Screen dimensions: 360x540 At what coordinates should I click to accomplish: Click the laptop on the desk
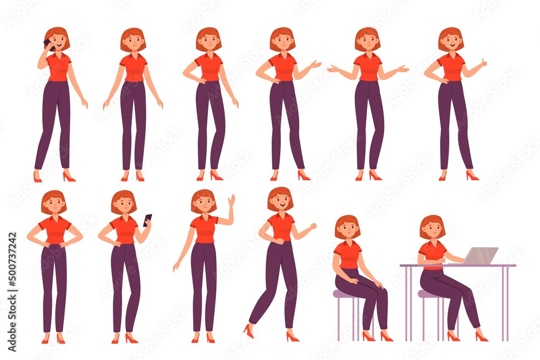(x=480, y=256)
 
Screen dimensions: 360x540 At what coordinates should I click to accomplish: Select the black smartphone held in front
(x=147, y=219)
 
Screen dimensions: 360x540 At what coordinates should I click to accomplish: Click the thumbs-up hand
(x=483, y=64)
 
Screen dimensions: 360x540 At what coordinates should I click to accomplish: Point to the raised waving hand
(x=232, y=201)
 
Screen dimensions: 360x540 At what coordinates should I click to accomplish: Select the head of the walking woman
(x=280, y=199)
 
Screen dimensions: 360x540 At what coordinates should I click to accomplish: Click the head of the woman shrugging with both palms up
(x=367, y=39)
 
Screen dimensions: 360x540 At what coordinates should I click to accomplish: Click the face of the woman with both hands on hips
(x=55, y=204)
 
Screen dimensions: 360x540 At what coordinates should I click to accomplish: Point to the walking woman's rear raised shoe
(x=248, y=329)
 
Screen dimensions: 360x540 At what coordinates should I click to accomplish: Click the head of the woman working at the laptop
(x=432, y=227)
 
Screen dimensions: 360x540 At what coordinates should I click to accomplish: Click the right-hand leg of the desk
(x=506, y=302)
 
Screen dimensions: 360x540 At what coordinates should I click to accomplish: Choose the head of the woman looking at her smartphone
(x=124, y=202)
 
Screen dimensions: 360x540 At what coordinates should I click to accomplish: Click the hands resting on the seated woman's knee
(x=377, y=283)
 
